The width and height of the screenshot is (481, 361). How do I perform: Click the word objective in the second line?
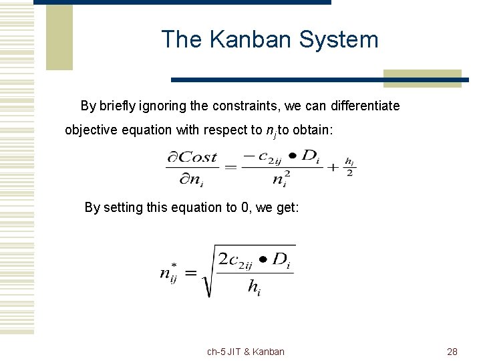click(x=90, y=130)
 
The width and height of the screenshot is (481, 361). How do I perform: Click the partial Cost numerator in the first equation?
click(x=192, y=158)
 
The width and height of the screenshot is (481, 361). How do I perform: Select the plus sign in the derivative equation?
click(x=333, y=167)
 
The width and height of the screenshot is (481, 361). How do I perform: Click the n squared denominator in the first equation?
click(x=281, y=179)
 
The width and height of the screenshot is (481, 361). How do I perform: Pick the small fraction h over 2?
click(x=349, y=167)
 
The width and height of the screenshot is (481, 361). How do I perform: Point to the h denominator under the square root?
click(x=254, y=287)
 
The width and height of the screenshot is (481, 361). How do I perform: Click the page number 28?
click(x=452, y=352)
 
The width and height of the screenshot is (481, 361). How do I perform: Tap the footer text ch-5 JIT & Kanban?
click(x=245, y=352)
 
